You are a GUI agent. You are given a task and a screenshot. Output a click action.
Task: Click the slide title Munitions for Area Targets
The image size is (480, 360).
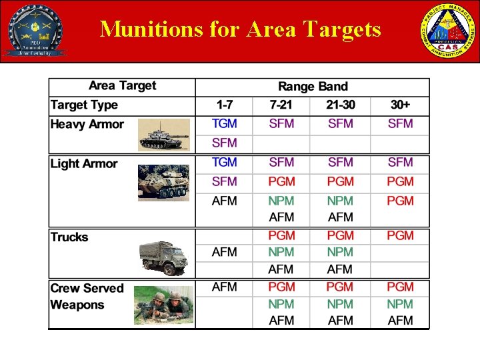coord(240,29)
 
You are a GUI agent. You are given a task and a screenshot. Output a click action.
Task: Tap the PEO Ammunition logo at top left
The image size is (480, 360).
coord(34,30)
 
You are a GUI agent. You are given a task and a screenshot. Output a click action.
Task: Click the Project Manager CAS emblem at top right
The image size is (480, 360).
coord(446,30)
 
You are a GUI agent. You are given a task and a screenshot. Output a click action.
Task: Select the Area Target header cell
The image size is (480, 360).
coord(122,86)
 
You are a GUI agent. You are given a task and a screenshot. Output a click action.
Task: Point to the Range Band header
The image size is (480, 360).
coord(313,87)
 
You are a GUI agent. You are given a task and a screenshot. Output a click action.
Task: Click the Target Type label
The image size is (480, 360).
coord(84,105)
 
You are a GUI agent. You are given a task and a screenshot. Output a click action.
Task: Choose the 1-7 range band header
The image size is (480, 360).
coord(224,105)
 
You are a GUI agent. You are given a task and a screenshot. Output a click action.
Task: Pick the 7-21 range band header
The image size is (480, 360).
coord(281,105)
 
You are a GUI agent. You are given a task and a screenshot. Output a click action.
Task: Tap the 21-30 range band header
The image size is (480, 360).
coord(340,105)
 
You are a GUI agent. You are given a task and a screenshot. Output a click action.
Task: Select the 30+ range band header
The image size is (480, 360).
coord(400,105)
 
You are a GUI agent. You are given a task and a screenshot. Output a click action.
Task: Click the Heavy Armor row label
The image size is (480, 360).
coord(87,125)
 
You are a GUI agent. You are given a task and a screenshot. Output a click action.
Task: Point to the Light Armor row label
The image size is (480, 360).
coord(84,164)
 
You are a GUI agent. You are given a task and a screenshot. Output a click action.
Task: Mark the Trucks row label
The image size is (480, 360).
coord(69,237)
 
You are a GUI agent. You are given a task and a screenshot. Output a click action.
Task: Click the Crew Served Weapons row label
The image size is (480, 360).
coord(87,297)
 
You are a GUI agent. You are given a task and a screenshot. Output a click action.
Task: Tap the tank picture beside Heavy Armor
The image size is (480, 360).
coord(164,135)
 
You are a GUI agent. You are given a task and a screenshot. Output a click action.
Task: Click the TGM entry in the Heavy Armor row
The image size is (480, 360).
coord(224,124)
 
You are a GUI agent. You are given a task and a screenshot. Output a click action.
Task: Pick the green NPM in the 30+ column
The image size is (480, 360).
coord(400,304)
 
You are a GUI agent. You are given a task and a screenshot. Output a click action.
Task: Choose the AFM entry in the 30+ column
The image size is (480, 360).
coord(400,321)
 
